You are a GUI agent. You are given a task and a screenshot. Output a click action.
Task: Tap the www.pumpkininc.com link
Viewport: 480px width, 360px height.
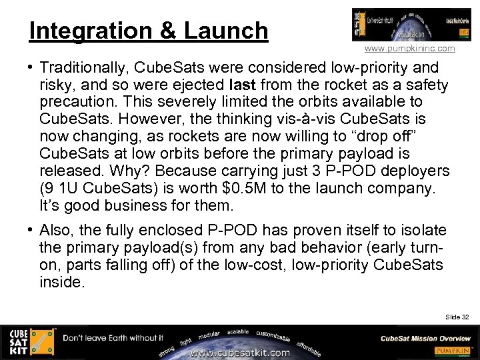tap(410, 49)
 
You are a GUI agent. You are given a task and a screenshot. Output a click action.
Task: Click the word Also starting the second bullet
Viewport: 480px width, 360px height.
tap(56, 230)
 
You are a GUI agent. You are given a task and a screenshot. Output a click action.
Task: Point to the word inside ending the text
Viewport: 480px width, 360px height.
tap(61, 282)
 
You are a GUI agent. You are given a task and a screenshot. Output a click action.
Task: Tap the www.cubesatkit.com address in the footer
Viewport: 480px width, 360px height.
tap(241, 352)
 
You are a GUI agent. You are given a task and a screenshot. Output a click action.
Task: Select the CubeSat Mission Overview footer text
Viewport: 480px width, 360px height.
tap(426, 338)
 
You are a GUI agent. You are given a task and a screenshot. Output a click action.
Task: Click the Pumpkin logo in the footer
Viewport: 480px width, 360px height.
tap(453, 351)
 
